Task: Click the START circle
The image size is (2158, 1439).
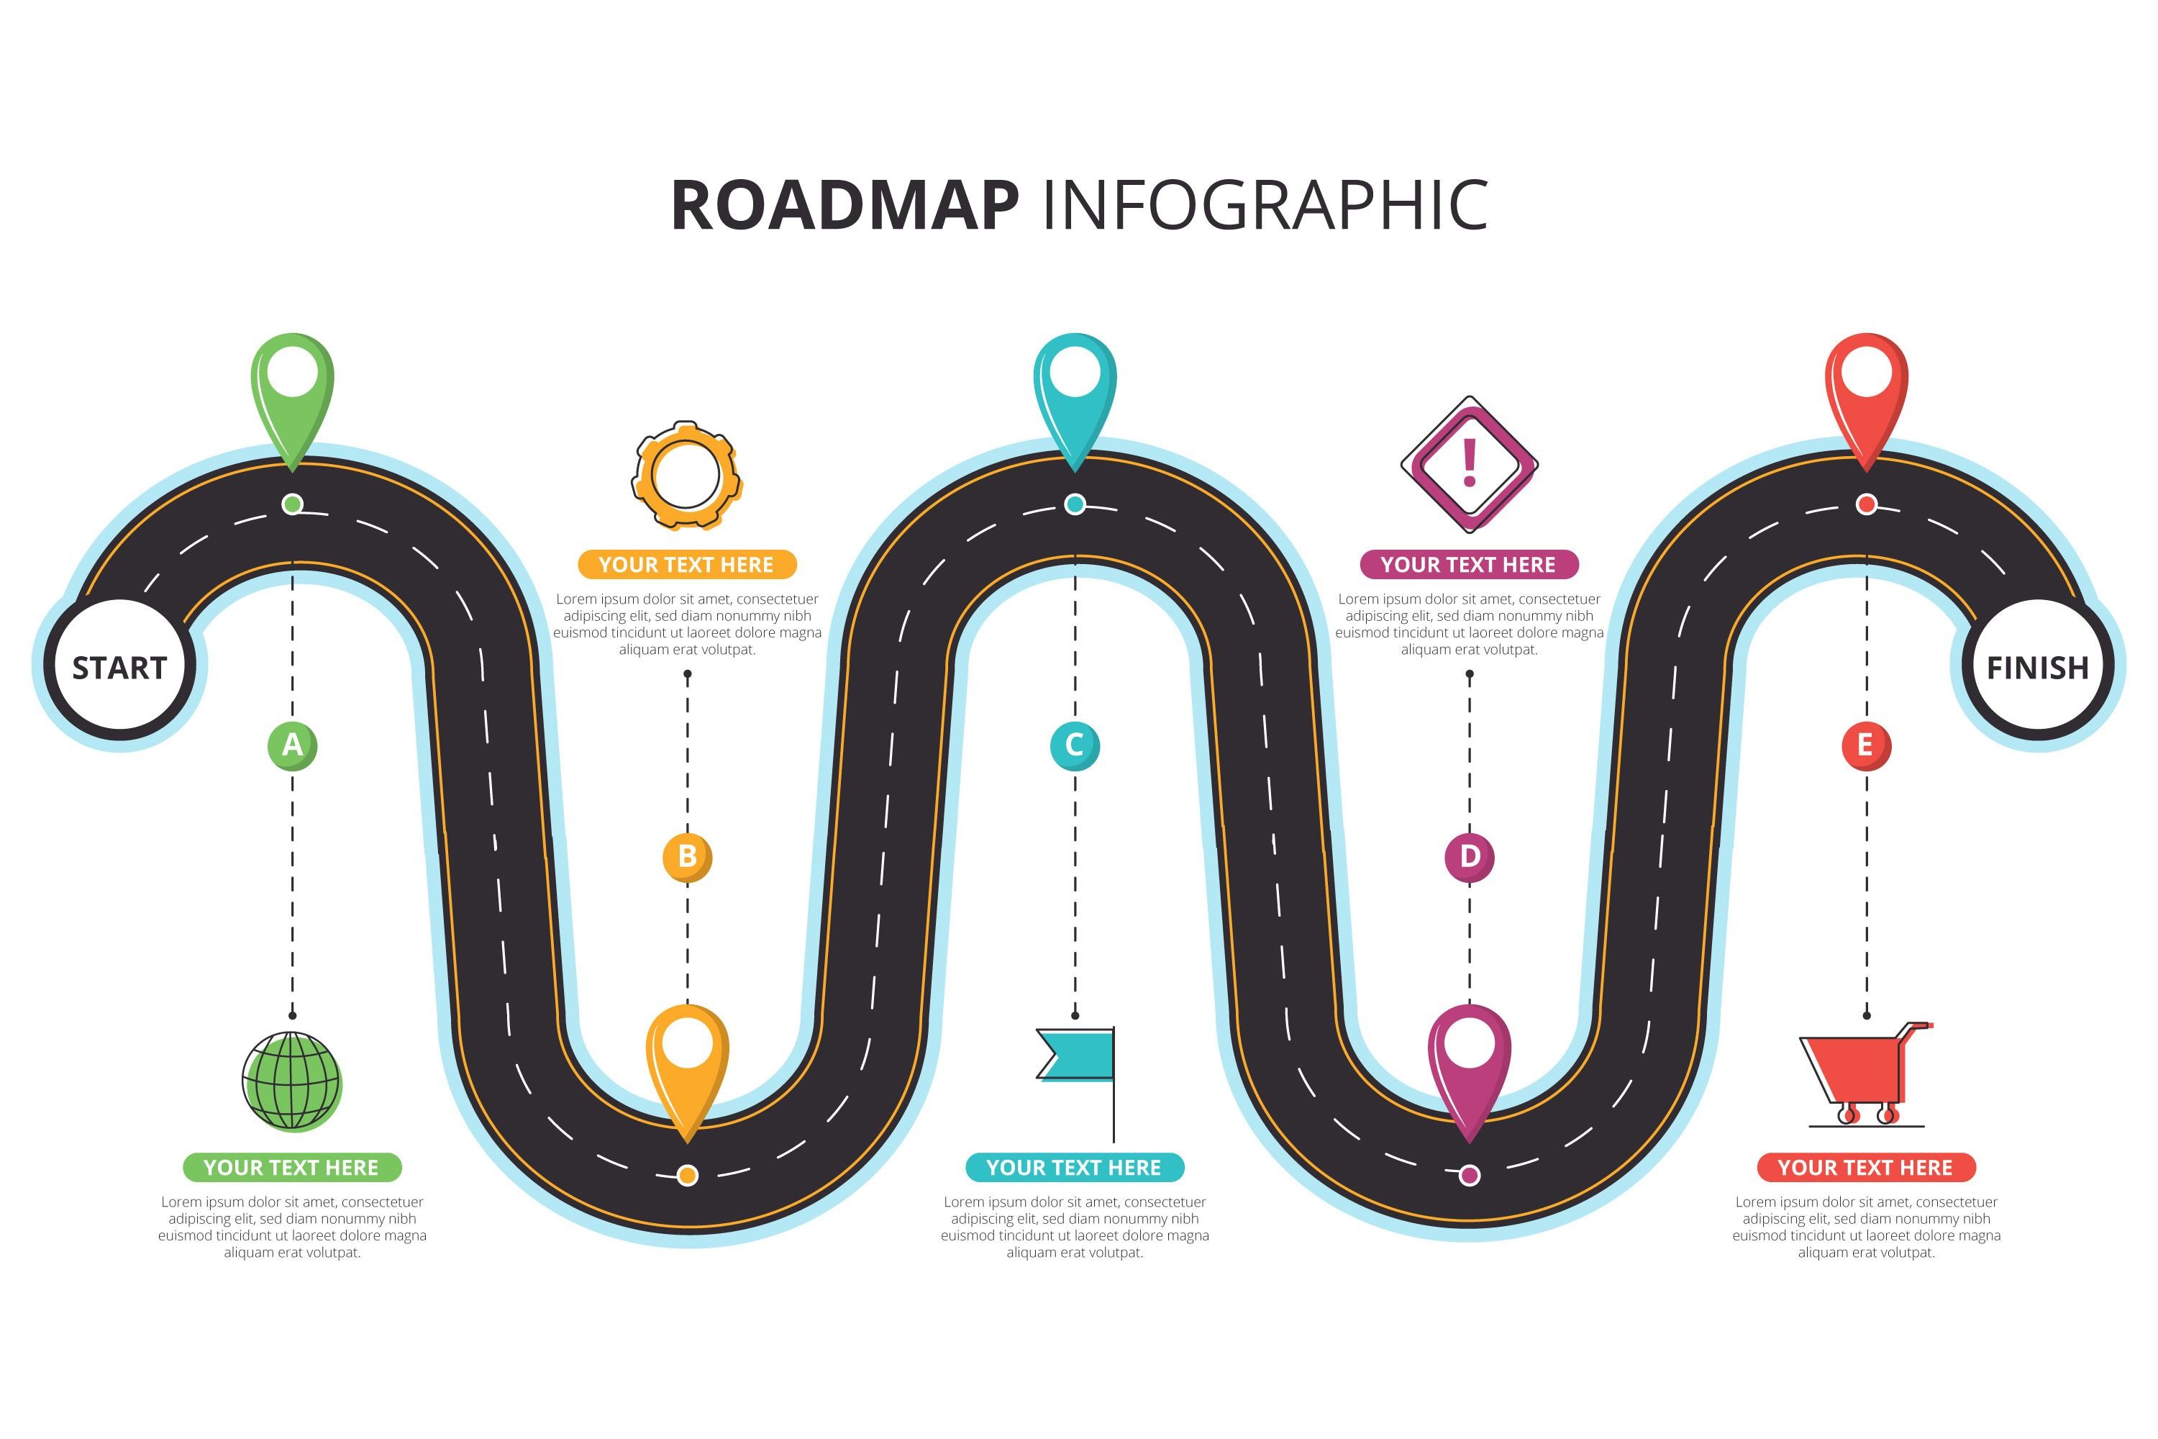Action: pyautogui.click(x=119, y=667)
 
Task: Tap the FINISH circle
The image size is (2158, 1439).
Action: pyautogui.click(x=2037, y=667)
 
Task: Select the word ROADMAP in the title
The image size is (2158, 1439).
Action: pyautogui.click(x=845, y=206)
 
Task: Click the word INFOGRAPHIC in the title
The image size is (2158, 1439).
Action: pyautogui.click(x=1265, y=206)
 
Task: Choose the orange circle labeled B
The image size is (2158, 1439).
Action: pyautogui.click(x=687, y=856)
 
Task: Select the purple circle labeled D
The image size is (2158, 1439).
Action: pyautogui.click(x=1469, y=856)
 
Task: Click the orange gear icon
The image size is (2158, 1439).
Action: pyautogui.click(x=686, y=476)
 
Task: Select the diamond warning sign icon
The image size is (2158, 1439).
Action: pyautogui.click(x=1469, y=463)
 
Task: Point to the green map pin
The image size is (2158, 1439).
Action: pyautogui.click(x=292, y=390)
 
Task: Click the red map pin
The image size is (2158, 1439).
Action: pyautogui.click(x=1866, y=390)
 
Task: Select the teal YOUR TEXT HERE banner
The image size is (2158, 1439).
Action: pyautogui.click(x=1075, y=1167)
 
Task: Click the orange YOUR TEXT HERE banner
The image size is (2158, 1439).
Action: pyautogui.click(x=687, y=564)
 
